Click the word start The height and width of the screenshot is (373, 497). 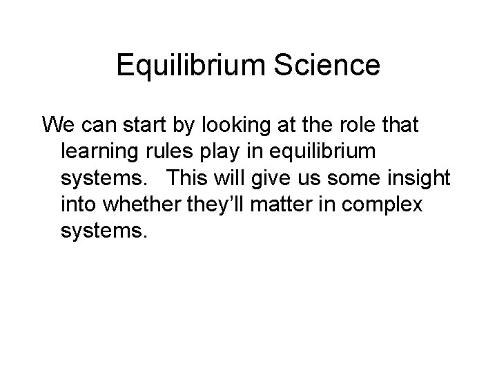[139, 125]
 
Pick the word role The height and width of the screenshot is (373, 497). [369, 125]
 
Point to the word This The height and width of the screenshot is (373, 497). [187, 178]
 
